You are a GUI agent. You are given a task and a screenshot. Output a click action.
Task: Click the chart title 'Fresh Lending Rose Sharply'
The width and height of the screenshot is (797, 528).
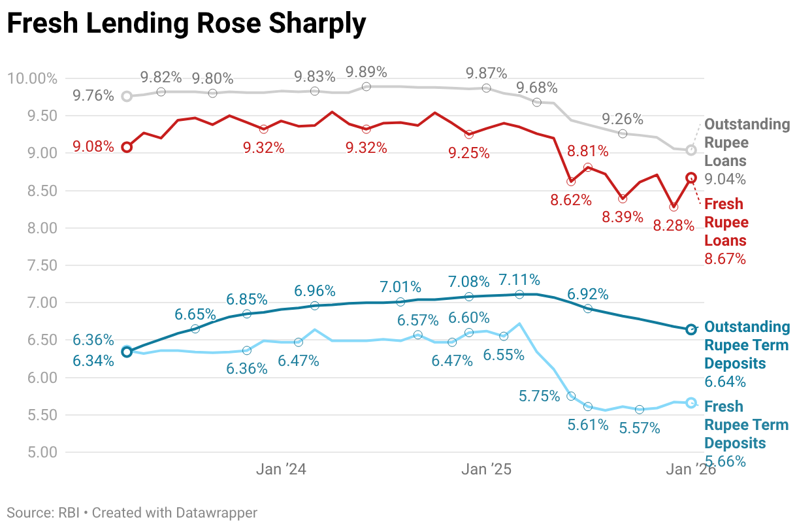pos(186,24)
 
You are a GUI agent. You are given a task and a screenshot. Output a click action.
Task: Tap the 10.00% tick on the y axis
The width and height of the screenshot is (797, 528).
pos(32,79)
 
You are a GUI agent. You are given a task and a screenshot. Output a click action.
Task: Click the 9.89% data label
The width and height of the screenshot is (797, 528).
pos(366,71)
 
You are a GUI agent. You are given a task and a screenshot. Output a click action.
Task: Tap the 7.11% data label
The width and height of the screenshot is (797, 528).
pos(519,280)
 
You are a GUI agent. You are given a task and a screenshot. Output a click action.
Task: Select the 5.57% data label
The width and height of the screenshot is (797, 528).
pos(640,428)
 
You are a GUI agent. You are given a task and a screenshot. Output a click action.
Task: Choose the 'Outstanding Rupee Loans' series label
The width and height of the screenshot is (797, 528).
pos(747,142)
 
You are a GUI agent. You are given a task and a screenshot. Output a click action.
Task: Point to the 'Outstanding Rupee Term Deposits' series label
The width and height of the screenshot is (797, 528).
pos(747,345)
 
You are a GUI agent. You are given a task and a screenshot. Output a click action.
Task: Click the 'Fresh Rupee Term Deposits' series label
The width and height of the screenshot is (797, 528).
pos(746,425)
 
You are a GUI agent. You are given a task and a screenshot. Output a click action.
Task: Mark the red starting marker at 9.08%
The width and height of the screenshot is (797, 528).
pos(127,147)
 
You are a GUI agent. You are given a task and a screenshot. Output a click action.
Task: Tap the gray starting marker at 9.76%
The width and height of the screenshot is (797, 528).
pos(127,96)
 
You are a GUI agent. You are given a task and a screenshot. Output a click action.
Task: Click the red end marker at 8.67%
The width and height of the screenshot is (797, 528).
pos(691,178)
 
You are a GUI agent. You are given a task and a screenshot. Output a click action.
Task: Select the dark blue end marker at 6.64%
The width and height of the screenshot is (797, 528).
pos(691,329)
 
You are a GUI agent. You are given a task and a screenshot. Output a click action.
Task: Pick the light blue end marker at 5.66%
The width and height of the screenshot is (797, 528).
pos(691,403)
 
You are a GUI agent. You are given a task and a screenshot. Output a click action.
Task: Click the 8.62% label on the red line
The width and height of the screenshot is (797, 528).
pos(571,200)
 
